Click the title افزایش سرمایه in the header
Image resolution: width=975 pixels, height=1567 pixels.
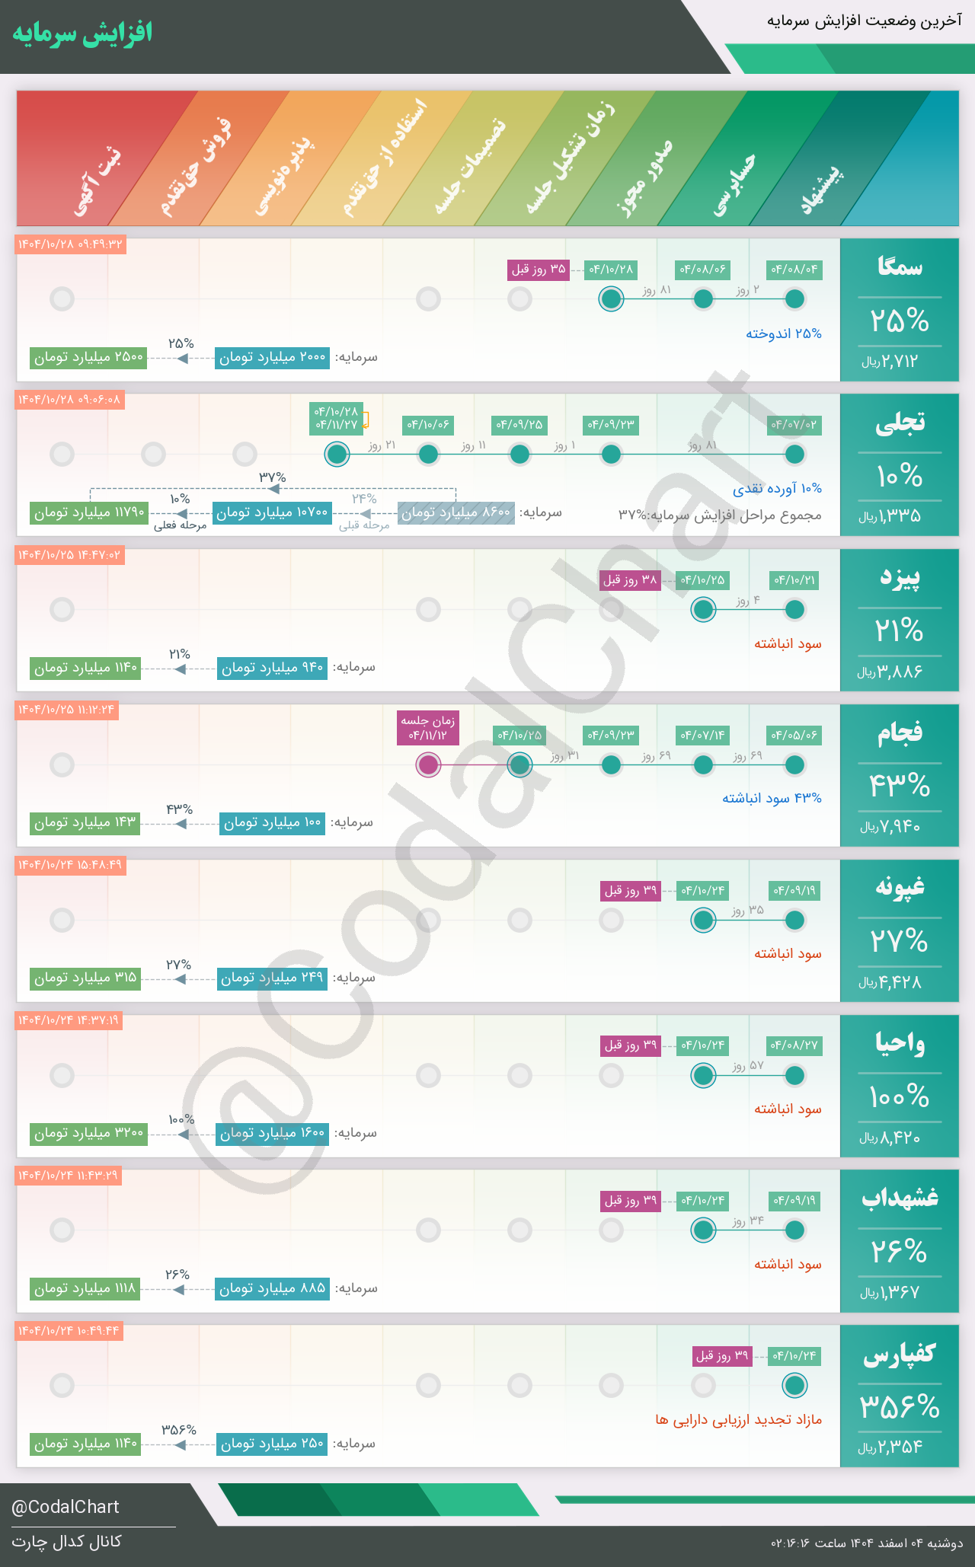click(82, 34)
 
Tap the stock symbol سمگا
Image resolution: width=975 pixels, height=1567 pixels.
click(900, 266)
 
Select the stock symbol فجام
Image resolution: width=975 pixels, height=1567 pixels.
click(900, 732)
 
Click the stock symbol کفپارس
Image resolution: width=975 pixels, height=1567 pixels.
click(900, 1354)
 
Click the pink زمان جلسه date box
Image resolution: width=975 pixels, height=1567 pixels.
click(429, 728)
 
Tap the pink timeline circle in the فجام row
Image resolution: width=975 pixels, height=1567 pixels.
click(429, 764)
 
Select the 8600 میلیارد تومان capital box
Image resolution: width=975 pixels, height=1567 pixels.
click(456, 512)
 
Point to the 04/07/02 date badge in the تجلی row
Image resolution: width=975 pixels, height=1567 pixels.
click(794, 424)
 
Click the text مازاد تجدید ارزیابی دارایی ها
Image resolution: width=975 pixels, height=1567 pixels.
click(738, 1420)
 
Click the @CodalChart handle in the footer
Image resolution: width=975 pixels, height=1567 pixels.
click(66, 1507)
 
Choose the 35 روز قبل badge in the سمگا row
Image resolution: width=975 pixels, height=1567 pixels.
click(539, 270)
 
